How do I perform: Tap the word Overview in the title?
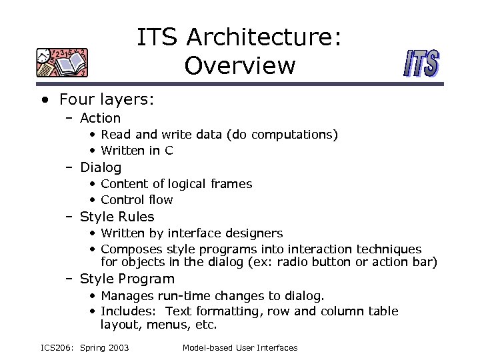(x=240, y=65)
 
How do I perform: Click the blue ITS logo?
(x=421, y=65)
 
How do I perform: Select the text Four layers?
(x=107, y=99)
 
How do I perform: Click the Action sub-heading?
(x=100, y=118)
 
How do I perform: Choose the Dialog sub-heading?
(x=101, y=167)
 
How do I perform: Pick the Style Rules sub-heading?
(x=117, y=217)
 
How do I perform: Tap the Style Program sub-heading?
(x=127, y=279)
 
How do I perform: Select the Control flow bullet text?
(x=137, y=200)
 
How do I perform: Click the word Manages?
(x=127, y=295)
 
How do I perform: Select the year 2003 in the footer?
(x=117, y=348)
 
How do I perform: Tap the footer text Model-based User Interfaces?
(x=240, y=348)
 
